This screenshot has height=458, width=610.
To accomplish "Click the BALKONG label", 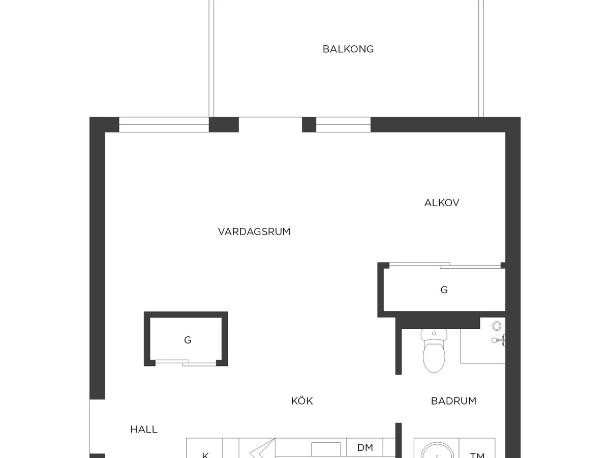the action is (x=348, y=49).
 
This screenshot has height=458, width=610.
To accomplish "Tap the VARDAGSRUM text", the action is (x=254, y=232).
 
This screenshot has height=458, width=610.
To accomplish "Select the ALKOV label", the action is (x=442, y=203).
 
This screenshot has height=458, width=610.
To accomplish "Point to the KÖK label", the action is (x=302, y=400).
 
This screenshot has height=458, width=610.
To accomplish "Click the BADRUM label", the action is (x=453, y=400).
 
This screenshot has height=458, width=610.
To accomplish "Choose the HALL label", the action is (x=144, y=430).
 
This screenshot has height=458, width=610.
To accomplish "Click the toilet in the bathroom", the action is (x=434, y=351).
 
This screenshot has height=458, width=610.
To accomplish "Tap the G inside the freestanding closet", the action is (x=188, y=340).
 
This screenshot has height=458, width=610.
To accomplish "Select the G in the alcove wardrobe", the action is (x=444, y=290).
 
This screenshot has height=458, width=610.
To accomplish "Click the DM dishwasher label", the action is (x=365, y=447).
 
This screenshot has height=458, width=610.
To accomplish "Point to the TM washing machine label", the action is (x=477, y=455).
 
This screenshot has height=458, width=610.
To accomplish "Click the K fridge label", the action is (x=205, y=455).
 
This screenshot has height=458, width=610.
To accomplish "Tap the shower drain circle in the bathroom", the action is (x=497, y=326).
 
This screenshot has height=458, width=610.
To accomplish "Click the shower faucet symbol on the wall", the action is (x=498, y=340).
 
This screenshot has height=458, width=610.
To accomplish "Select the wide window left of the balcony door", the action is (x=164, y=125).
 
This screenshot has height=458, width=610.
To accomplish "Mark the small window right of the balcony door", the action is (x=343, y=125).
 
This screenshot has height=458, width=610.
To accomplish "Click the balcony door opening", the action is (x=270, y=125).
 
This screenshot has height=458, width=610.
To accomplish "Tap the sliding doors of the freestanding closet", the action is (x=186, y=362).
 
